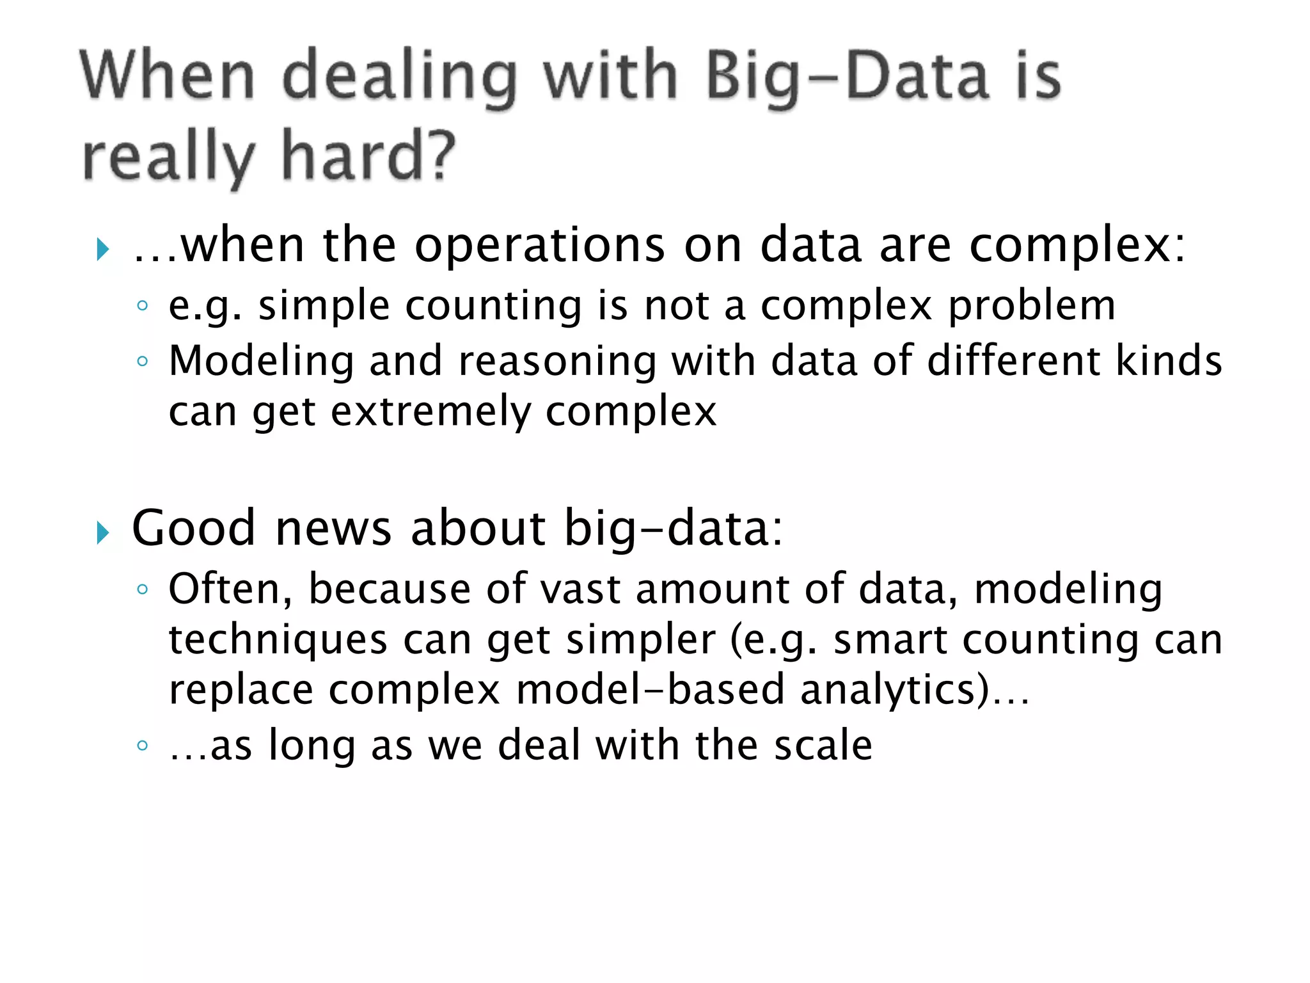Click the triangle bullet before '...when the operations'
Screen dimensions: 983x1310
pyautogui.click(x=102, y=249)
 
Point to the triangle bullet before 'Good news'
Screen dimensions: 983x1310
pyautogui.click(x=102, y=532)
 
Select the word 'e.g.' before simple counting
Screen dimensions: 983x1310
pyautogui.click(x=205, y=306)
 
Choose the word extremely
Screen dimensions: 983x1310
pyautogui.click(x=430, y=412)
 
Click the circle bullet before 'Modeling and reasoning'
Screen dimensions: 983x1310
pyautogui.click(x=143, y=362)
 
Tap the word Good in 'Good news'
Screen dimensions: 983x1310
pyautogui.click(x=193, y=529)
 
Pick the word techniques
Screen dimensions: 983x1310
pyautogui.click(x=278, y=640)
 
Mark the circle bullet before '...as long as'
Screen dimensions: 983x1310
pyautogui.click(x=143, y=746)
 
